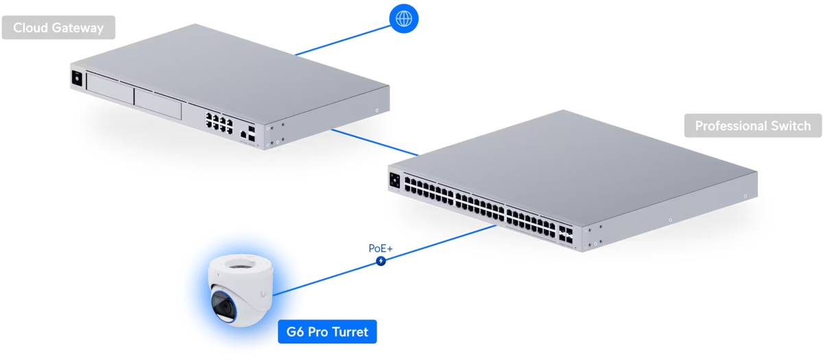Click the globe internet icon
pyautogui.click(x=403, y=18)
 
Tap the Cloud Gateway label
pyautogui.click(x=58, y=28)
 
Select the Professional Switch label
pyautogui.click(x=752, y=126)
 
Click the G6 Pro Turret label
pyautogui.click(x=327, y=333)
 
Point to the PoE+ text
pyautogui.click(x=381, y=249)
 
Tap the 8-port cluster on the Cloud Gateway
pyautogui.click(x=217, y=122)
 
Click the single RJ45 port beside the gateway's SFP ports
pyautogui.click(x=243, y=135)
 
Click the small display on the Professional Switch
pyautogui.click(x=395, y=180)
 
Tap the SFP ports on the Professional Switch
pyautogui.click(x=566, y=234)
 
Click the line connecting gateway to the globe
pyautogui.click(x=343, y=38)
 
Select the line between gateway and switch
pyautogui.click(x=374, y=142)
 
